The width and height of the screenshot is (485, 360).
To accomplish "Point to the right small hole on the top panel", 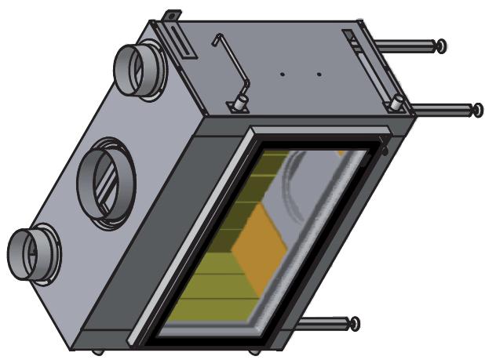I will click(319, 75).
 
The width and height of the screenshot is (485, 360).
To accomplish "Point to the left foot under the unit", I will click(97, 351).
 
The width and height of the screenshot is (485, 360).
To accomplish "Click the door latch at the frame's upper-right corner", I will click(383, 144).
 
